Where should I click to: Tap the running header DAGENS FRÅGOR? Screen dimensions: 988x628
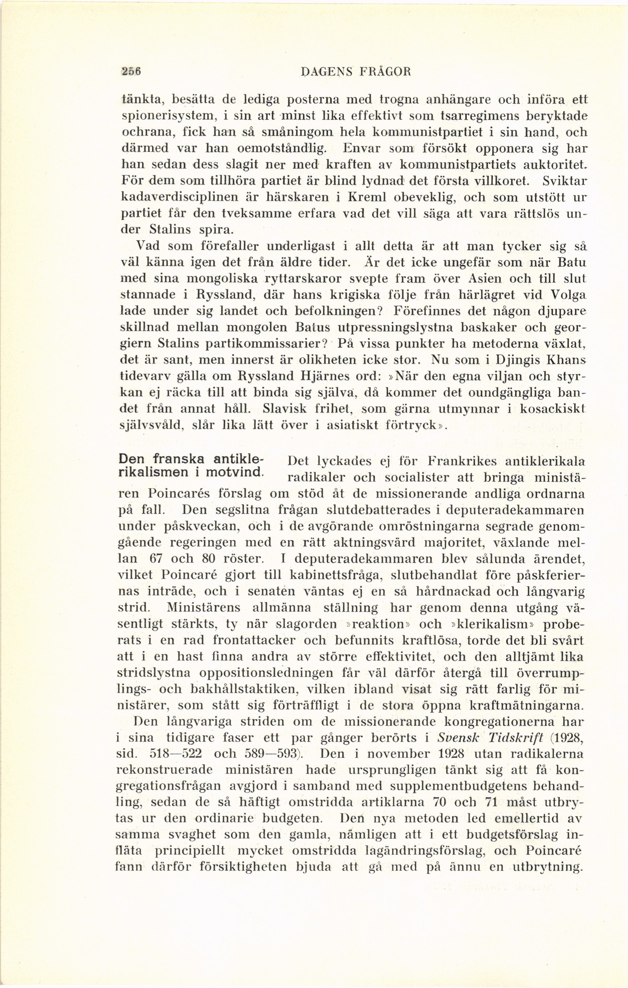[356, 72]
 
